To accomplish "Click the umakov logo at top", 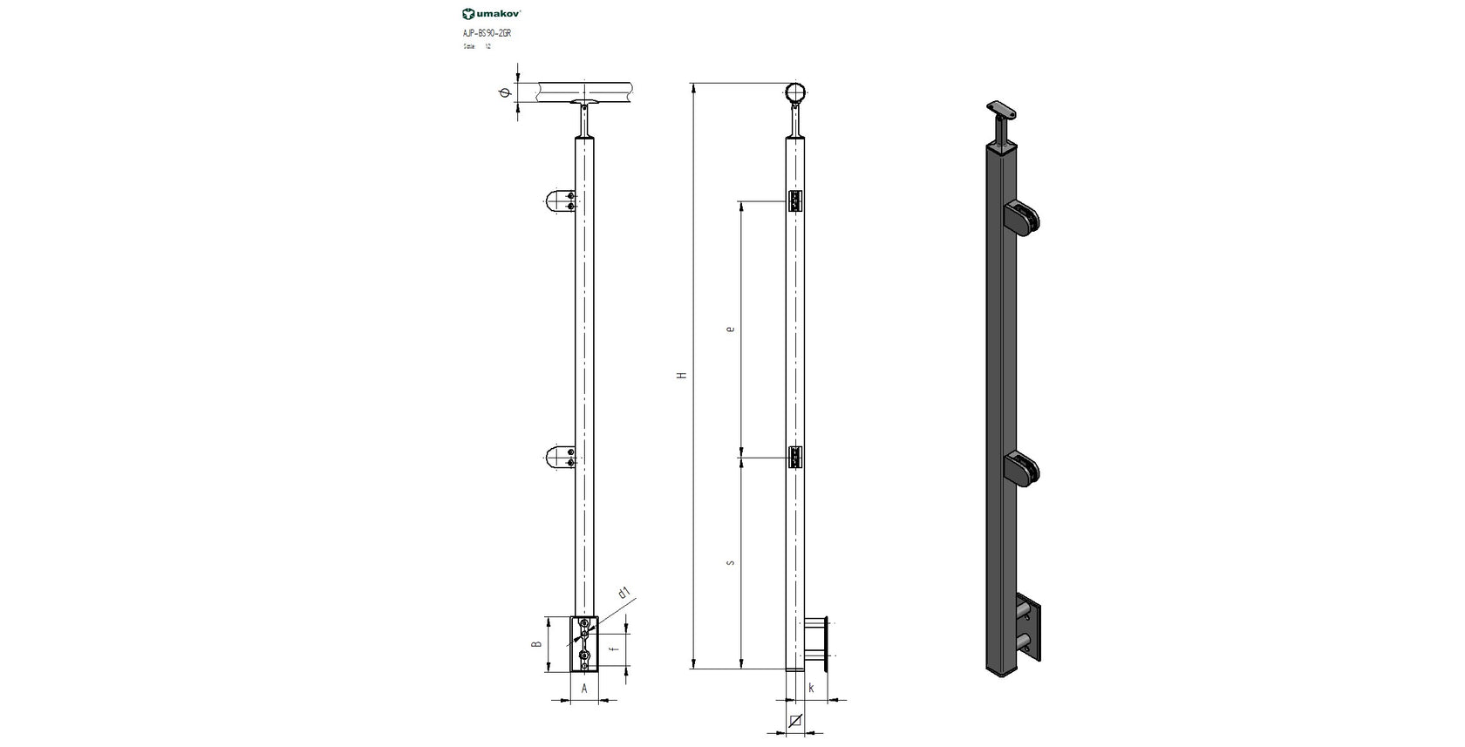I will [x=492, y=13].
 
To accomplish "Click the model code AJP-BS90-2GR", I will [x=487, y=32].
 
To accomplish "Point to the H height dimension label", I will [x=682, y=376].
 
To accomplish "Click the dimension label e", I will [x=730, y=329].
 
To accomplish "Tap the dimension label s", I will [x=730, y=562].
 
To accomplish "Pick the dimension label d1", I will [x=623, y=594].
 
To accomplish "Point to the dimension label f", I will [x=614, y=649].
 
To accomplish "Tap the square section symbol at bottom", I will [x=794, y=721].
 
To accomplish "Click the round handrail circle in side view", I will [x=795, y=92].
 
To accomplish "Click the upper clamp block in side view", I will [x=794, y=201].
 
